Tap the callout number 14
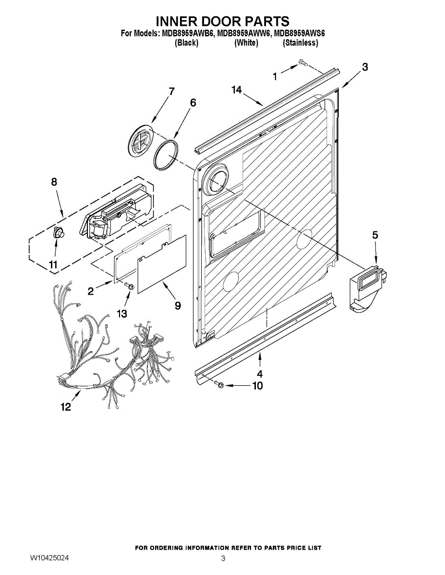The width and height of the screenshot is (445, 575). click(237, 90)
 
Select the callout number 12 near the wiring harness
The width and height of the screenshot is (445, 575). click(66, 407)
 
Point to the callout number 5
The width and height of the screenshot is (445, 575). click(375, 235)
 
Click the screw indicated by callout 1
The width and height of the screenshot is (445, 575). click(301, 62)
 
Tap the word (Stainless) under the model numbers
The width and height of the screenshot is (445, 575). click(301, 43)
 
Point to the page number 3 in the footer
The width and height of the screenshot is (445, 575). click(223, 558)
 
